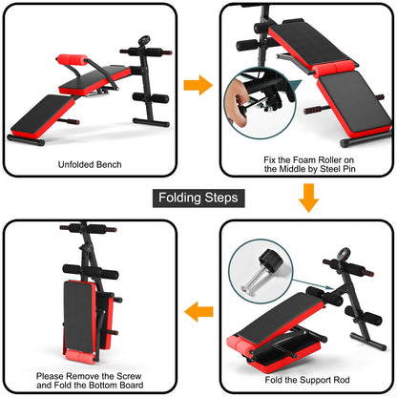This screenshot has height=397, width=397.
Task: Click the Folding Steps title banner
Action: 198,198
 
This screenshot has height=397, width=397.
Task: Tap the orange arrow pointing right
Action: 198,85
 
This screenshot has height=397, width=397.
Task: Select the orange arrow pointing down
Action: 307,198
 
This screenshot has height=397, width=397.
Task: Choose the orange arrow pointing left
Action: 198,311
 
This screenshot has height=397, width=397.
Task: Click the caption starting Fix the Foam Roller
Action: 308,164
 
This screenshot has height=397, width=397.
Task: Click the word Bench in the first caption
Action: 111,164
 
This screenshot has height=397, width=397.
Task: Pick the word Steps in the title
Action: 223,198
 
